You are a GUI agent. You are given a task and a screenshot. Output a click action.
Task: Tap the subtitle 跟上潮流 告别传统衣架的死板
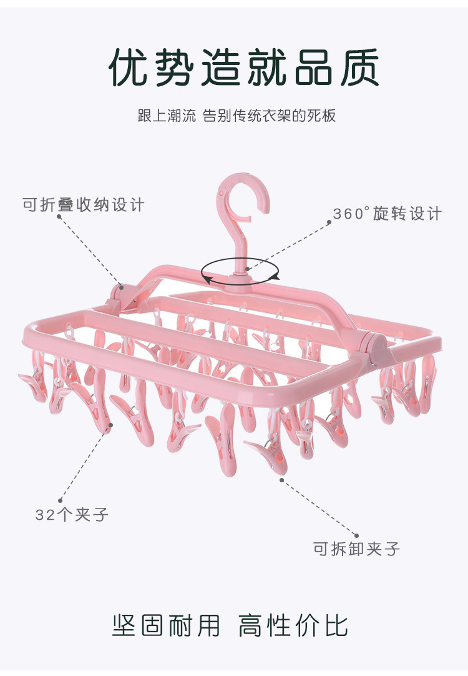click(x=236, y=116)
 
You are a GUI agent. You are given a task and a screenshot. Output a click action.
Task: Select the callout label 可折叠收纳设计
click(x=83, y=204)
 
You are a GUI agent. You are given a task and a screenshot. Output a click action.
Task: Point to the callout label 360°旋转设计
click(x=387, y=214)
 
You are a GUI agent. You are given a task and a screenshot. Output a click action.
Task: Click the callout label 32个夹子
click(x=72, y=515)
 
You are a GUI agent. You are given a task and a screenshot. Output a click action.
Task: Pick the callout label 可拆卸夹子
click(x=356, y=549)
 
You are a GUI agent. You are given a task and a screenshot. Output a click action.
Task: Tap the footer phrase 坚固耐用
click(x=166, y=624)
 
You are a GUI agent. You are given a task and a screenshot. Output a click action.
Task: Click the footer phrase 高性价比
click(x=293, y=624)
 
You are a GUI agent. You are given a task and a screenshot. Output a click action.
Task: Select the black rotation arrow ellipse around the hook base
click(x=240, y=272)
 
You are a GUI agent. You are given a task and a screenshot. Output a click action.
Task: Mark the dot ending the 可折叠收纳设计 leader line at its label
click(x=59, y=217)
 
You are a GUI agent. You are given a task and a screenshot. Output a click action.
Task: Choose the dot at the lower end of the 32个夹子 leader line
click(x=61, y=500)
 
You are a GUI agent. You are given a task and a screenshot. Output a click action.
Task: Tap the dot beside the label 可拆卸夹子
click(x=356, y=535)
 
